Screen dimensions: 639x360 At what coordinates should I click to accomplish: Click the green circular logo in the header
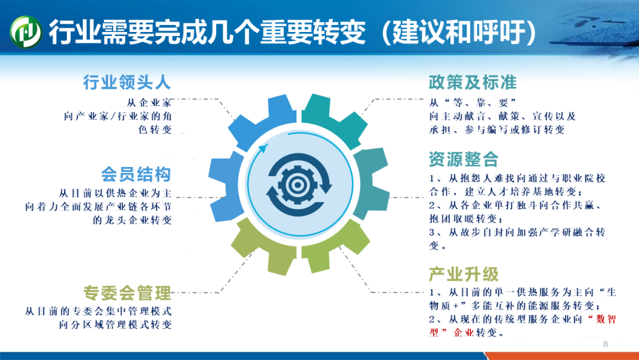(x=25, y=32)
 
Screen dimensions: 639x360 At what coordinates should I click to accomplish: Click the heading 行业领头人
(x=127, y=82)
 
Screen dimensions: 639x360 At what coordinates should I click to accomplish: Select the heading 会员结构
(x=136, y=175)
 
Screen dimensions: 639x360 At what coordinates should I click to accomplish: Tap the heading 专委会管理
(x=127, y=292)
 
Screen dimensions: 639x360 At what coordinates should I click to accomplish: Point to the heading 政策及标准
(x=473, y=82)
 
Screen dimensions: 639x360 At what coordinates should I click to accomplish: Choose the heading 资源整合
(x=464, y=159)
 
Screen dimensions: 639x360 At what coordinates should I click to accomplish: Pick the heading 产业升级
(x=464, y=274)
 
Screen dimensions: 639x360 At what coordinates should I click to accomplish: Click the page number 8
(x=606, y=344)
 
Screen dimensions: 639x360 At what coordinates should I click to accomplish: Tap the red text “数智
(x=602, y=319)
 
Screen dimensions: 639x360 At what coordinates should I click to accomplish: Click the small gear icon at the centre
(x=298, y=185)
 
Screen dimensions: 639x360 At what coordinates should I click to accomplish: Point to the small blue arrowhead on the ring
(x=264, y=147)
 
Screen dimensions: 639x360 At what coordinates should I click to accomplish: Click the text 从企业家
(x=149, y=103)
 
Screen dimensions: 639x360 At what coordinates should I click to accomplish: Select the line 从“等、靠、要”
(x=473, y=103)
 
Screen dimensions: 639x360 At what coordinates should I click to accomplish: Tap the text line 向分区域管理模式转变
(x=115, y=324)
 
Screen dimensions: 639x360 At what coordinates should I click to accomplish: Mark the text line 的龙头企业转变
(x=133, y=220)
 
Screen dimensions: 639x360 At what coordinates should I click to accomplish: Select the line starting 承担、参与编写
(x=497, y=130)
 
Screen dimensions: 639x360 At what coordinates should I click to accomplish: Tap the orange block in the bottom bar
(x=563, y=356)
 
